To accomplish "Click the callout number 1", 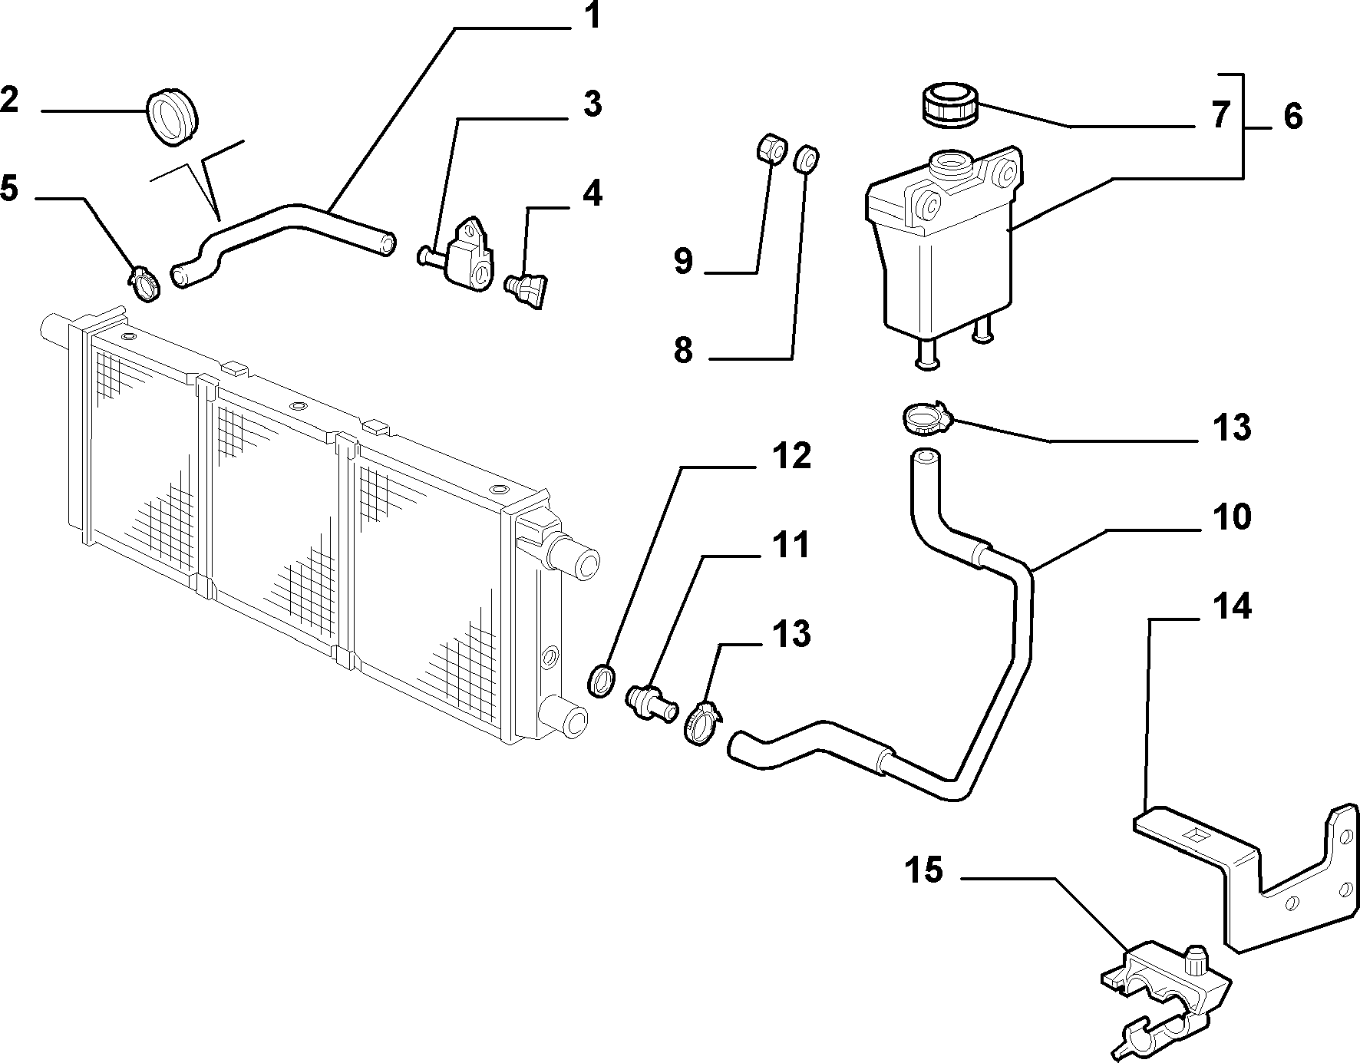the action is pyautogui.click(x=590, y=18).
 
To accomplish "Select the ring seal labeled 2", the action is pyautogui.click(x=171, y=117).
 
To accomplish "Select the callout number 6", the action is pyautogui.click(x=1292, y=117).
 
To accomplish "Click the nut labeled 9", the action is pyautogui.click(x=771, y=150).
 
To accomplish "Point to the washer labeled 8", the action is pyautogui.click(x=806, y=159).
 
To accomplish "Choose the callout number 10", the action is pyautogui.click(x=1233, y=517).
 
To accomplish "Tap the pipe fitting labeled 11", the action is pyautogui.click(x=651, y=701).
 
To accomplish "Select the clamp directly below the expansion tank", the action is pyautogui.click(x=926, y=418).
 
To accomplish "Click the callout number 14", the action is pyautogui.click(x=1233, y=606).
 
